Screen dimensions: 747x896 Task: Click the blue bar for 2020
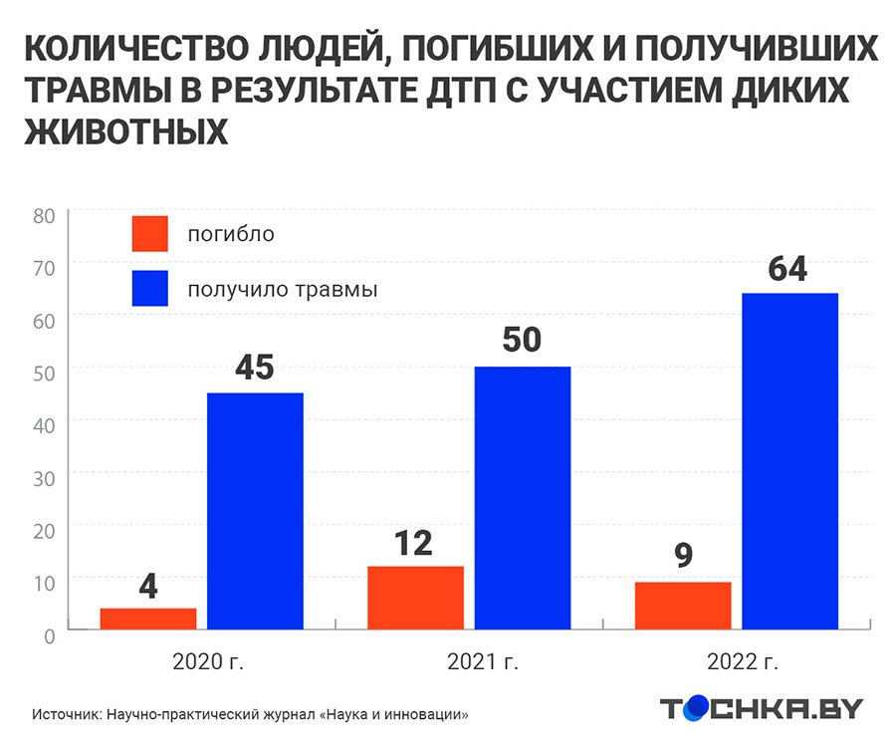pyautogui.click(x=255, y=511)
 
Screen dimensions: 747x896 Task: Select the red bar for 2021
pyautogui.click(x=415, y=598)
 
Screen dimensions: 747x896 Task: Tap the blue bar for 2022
pyautogui.click(x=789, y=461)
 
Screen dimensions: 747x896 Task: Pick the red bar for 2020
pyautogui.click(x=148, y=619)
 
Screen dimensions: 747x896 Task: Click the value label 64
pyautogui.click(x=787, y=270)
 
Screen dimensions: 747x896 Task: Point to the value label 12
pyautogui.click(x=413, y=544)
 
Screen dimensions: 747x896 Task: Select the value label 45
pyautogui.click(x=254, y=368)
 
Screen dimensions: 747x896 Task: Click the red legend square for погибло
pyautogui.click(x=149, y=234)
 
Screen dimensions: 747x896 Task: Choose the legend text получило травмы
pyautogui.click(x=283, y=290)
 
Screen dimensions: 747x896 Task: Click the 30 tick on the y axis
pyautogui.click(x=43, y=476)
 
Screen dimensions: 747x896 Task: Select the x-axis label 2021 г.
pyautogui.click(x=483, y=660)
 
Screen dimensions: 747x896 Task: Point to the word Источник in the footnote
pyautogui.click(x=65, y=714)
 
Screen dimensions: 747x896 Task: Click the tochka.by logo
pyautogui.click(x=762, y=708)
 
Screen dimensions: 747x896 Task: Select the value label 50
pyautogui.click(x=521, y=341)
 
